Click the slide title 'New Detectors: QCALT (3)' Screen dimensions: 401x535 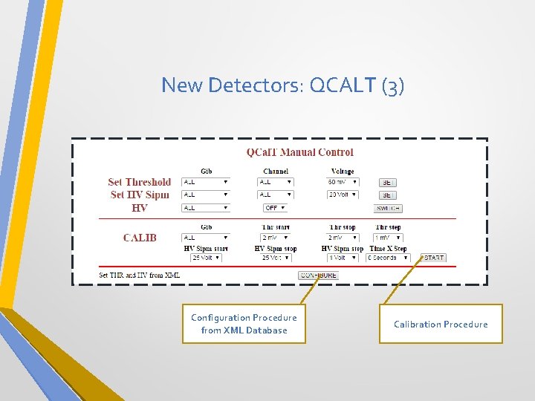[x=282, y=85]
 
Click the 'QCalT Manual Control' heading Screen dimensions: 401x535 [x=299, y=152]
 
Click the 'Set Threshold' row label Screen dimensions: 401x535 [x=139, y=182]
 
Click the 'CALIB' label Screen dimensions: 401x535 [x=140, y=238]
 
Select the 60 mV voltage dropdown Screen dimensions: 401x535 [x=343, y=182]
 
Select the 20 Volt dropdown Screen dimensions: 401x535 [x=343, y=195]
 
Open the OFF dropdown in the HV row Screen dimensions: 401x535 [x=276, y=208]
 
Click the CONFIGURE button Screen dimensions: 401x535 [x=318, y=276]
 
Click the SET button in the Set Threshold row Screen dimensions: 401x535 [x=388, y=182]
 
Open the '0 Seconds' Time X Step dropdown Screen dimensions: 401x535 [x=387, y=258]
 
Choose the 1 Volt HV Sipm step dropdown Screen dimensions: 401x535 [x=343, y=258]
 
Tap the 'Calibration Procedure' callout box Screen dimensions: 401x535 [x=441, y=324]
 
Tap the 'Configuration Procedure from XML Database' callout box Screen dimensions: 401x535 [x=244, y=324]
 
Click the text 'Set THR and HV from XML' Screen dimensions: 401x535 [x=140, y=276]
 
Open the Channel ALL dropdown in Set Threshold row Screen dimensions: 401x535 [x=276, y=182]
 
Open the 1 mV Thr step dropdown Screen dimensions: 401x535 [x=388, y=238]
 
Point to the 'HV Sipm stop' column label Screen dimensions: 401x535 [x=276, y=248]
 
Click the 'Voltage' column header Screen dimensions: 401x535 [x=343, y=172]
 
